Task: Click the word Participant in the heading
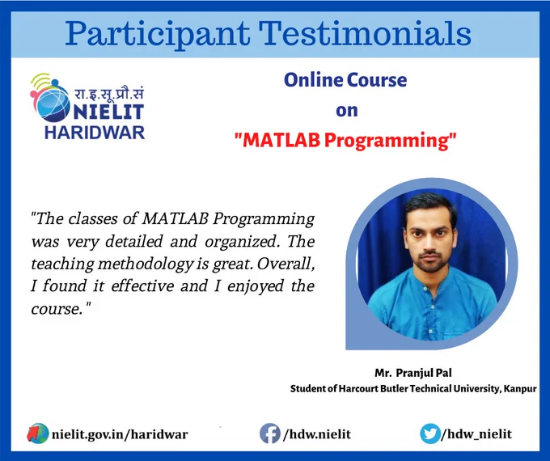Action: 158,35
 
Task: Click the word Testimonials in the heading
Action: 365,33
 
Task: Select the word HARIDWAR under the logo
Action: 95,133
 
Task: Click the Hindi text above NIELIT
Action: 108,94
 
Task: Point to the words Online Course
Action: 345,80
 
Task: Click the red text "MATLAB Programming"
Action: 345,141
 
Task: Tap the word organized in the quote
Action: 243,242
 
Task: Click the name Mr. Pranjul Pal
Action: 413,373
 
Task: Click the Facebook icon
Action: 269,434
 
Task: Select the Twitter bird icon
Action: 430,434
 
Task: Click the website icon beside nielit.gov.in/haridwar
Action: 37,434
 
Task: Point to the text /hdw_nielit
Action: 476,434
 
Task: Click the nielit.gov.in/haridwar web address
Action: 120,434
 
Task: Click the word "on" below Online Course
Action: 346,111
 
